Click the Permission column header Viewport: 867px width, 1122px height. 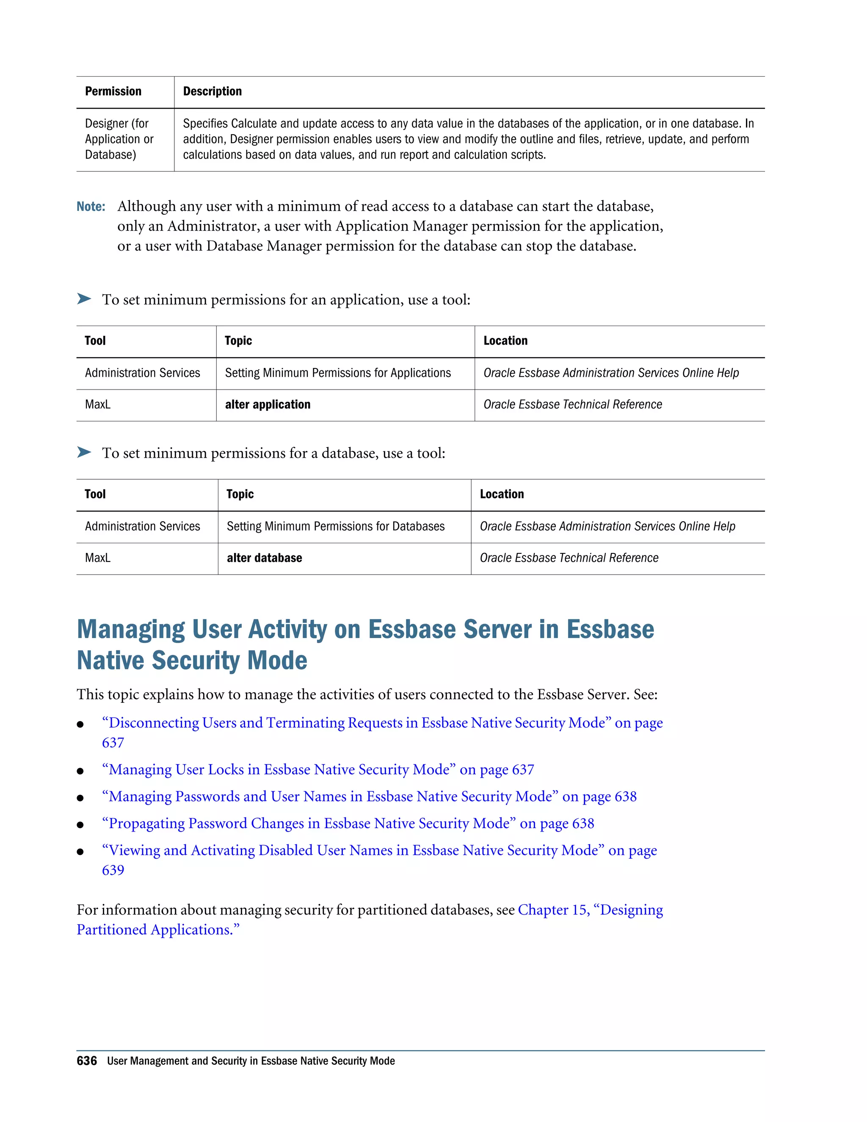pyautogui.click(x=113, y=91)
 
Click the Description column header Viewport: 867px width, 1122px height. pyautogui.click(x=212, y=91)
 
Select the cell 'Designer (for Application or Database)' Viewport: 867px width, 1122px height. pyautogui.click(x=119, y=139)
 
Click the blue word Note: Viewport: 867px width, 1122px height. pyautogui.click(x=91, y=207)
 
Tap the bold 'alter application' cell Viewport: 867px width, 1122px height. pyautogui.click(x=268, y=405)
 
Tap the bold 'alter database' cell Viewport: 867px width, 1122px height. pyautogui.click(x=265, y=558)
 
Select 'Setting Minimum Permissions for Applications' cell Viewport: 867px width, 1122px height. pyautogui.click(x=337, y=373)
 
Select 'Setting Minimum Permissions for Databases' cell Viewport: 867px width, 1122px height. pyautogui.click(x=335, y=527)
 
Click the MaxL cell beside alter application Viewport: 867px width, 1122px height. pyautogui.click(x=98, y=405)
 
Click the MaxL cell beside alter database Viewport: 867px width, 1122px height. pyautogui.click(x=98, y=558)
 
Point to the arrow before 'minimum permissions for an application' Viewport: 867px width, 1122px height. pyautogui.click(x=84, y=299)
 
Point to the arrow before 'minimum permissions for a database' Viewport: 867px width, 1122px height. pyautogui.click(x=84, y=452)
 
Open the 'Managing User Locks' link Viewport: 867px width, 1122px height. pyautogui.click(x=318, y=770)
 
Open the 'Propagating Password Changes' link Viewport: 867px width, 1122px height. pyautogui.click(x=347, y=824)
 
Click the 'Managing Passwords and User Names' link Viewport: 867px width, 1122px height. pyautogui.click(x=369, y=796)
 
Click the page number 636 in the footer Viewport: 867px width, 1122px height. pyautogui.click(x=87, y=1061)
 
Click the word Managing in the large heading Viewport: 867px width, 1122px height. pyautogui.click(x=130, y=630)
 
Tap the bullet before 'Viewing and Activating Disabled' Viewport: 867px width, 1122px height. pyautogui.click(x=80, y=852)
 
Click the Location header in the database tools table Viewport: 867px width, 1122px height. pyautogui.click(x=502, y=494)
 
